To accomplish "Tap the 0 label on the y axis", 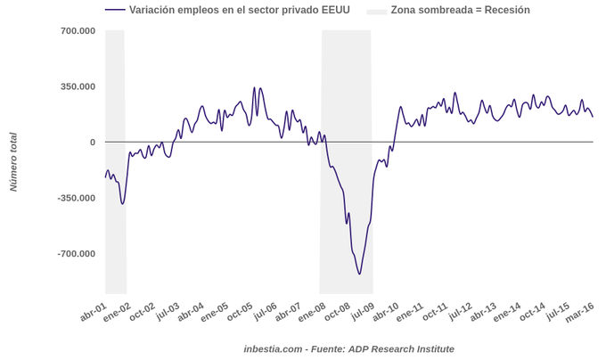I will click(x=92, y=143).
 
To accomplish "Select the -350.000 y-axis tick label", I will click(x=75, y=198).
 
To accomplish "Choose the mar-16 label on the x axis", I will click(x=580, y=314).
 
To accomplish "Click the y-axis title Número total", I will click(x=13, y=162).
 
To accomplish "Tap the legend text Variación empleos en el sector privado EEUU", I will click(x=240, y=10).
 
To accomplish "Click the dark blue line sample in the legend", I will click(x=114, y=10).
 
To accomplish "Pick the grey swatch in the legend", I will click(x=377, y=10).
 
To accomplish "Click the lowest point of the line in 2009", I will click(x=359, y=274).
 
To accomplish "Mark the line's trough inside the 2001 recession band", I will click(x=122, y=204).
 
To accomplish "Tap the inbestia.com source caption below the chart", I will click(x=348, y=348).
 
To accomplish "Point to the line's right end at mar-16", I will click(x=593, y=117).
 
